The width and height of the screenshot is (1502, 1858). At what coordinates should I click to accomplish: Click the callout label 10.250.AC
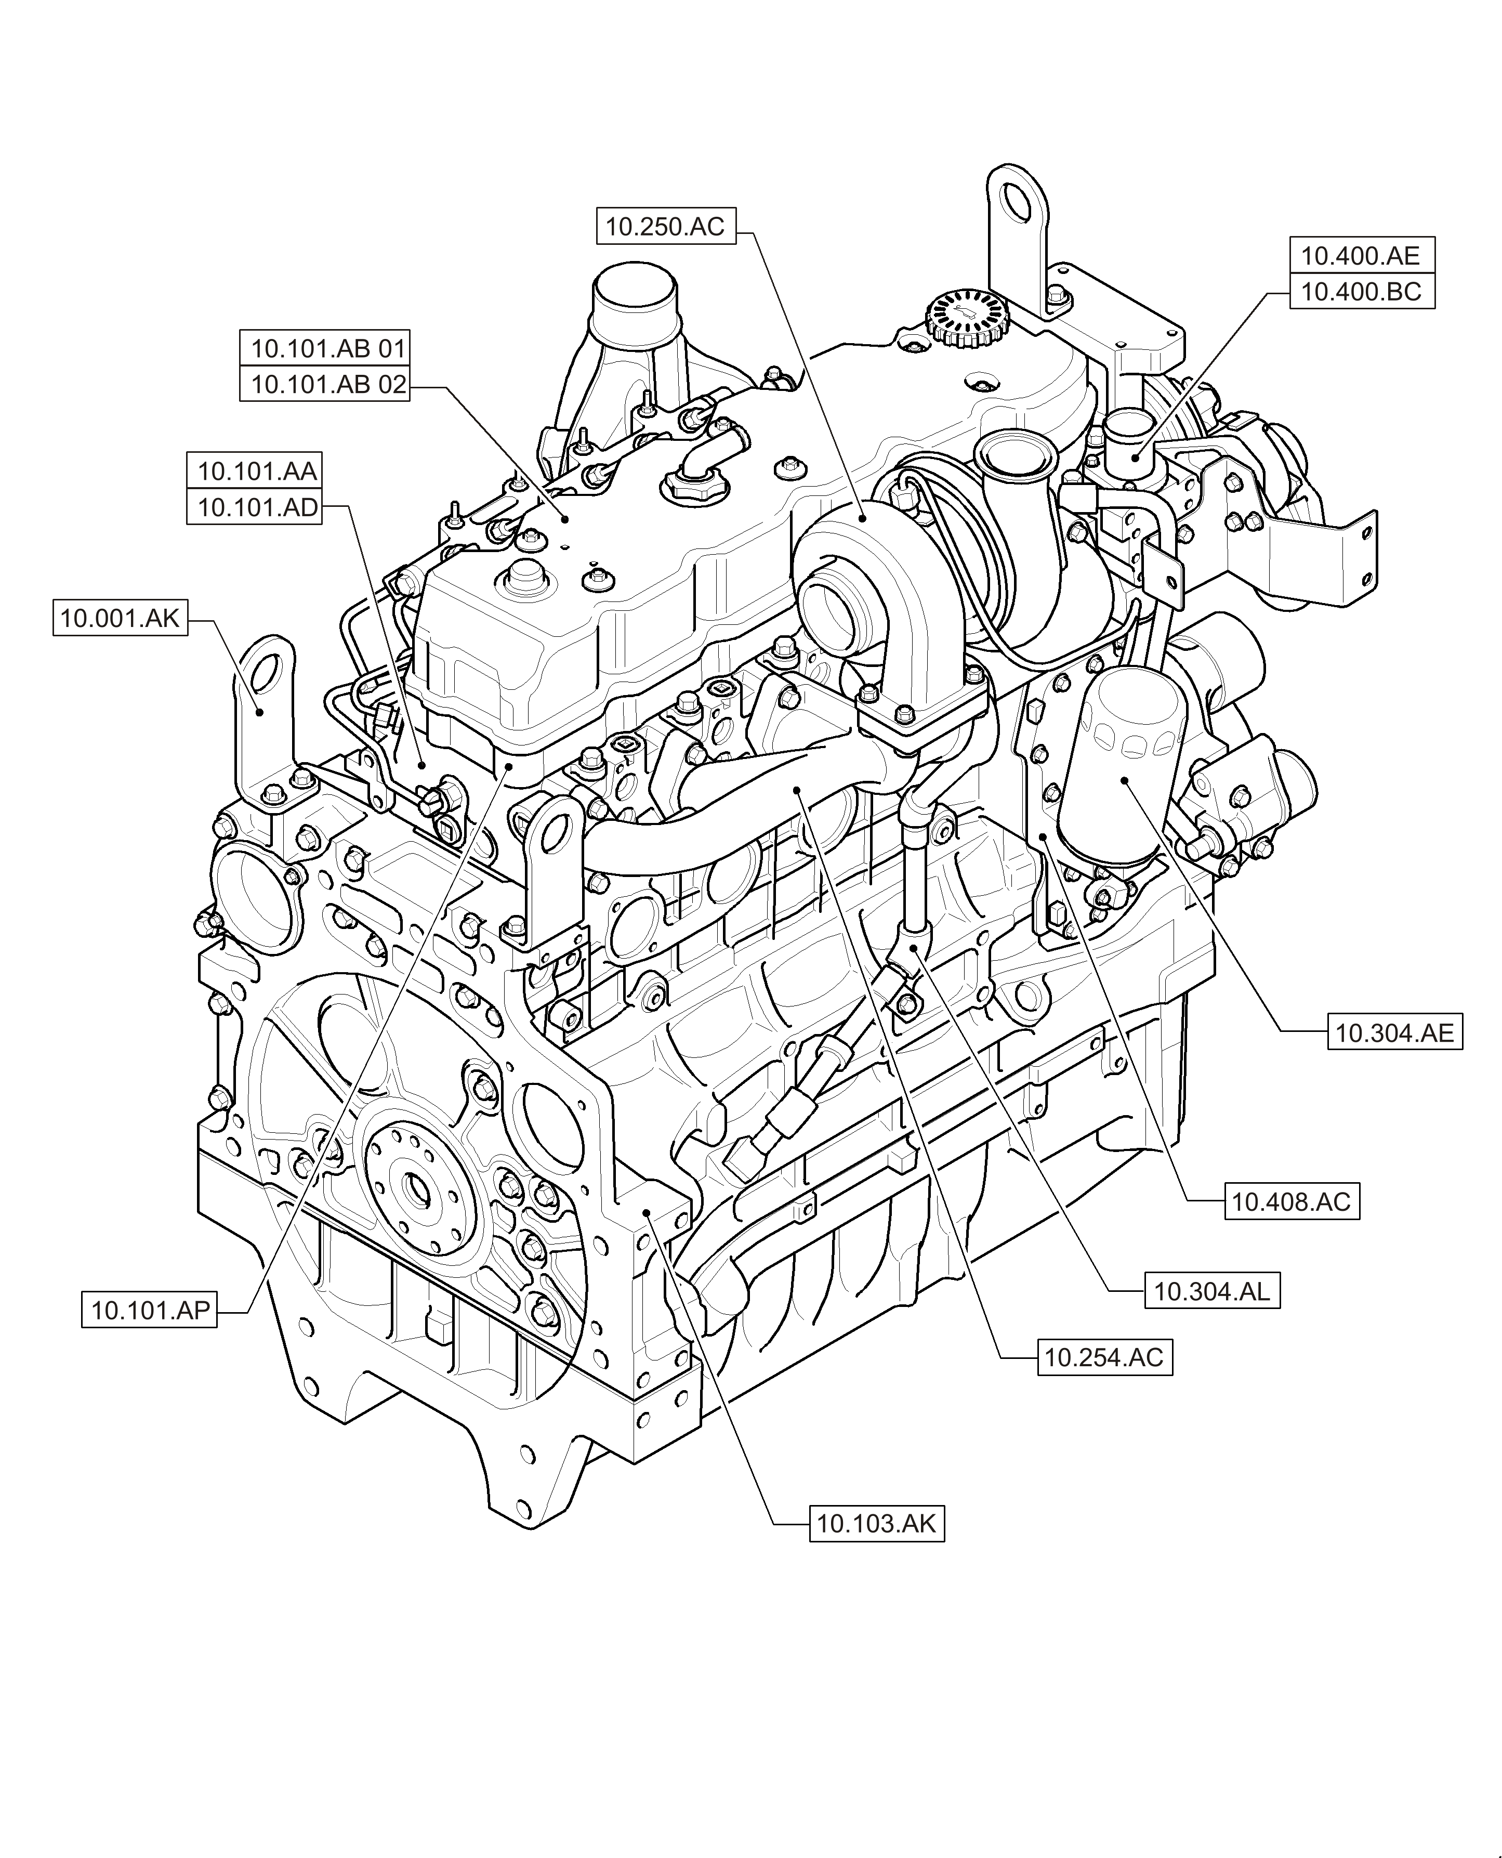click(x=665, y=227)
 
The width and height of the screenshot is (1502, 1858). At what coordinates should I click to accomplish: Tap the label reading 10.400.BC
click(x=1361, y=292)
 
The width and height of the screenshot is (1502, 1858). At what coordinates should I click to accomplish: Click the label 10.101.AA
click(x=257, y=471)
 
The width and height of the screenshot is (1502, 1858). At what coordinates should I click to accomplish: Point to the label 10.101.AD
click(x=257, y=507)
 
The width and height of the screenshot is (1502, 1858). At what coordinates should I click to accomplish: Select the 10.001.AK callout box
click(x=120, y=618)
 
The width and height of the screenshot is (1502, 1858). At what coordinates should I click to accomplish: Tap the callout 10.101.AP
click(x=150, y=1310)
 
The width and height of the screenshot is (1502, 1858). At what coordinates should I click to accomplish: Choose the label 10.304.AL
click(x=1211, y=1292)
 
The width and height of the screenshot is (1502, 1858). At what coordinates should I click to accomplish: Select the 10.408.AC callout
click(x=1291, y=1201)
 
